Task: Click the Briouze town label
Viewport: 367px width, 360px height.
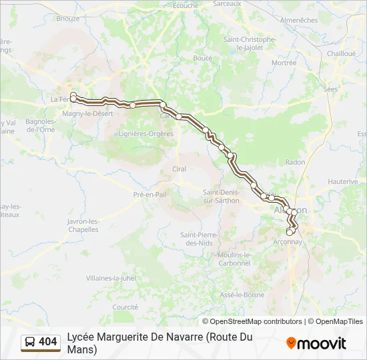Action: (68, 19)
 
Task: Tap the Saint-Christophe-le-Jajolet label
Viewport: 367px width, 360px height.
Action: (250, 43)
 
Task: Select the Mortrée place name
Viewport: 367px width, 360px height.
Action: (284, 63)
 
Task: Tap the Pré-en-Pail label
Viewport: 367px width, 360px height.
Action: (149, 194)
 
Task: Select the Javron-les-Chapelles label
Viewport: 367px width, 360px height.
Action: (83, 225)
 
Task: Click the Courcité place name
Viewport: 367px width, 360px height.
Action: (125, 307)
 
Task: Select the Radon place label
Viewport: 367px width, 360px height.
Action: (295, 162)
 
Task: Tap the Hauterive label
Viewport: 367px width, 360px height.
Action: (343, 181)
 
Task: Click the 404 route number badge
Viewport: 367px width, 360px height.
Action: (40, 342)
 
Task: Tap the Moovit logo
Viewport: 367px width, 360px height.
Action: (316, 343)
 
